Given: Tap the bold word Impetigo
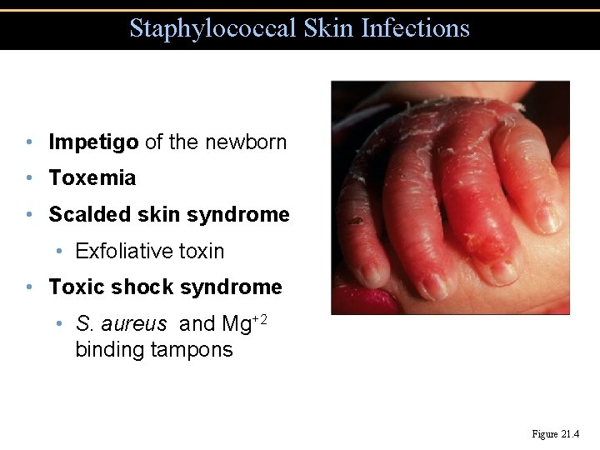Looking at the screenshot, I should point(93,142).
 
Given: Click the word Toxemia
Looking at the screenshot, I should point(92,178).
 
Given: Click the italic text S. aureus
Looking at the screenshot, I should point(121,323).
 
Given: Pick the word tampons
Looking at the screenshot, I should point(192,349).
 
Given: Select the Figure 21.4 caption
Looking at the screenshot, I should point(555,434).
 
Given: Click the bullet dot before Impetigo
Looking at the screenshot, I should point(29,142).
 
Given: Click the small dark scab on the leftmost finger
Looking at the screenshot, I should point(356,221).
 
